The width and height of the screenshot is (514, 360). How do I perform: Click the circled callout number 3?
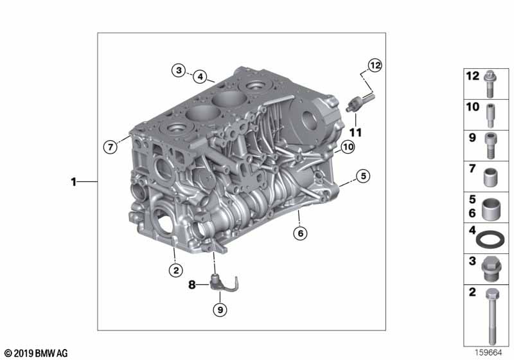tap(179, 70)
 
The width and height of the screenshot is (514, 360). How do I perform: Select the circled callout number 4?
tap(200, 77)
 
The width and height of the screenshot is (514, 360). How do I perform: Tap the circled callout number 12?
tap(375, 66)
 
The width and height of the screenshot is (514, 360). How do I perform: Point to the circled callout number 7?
tap(110, 147)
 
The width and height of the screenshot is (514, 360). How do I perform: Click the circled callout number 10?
tap(348, 147)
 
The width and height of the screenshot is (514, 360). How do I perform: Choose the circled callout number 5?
tap(363, 176)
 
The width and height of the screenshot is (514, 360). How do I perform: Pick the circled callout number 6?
tap(300, 233)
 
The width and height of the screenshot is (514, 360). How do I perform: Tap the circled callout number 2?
tap(176, 270)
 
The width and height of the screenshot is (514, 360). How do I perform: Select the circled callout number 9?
tap(220, 309)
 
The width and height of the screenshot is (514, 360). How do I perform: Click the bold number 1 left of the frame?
tap(74, 182)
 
